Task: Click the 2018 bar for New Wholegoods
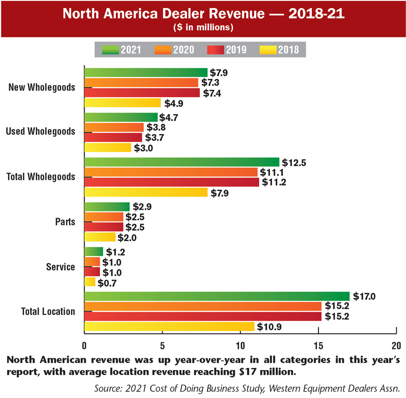point(122,103)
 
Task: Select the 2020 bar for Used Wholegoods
point(114,127)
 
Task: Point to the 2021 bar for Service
point(93,252)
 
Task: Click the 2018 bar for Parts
point(100,237)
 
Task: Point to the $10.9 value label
point(268,327)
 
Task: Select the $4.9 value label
point(174,103)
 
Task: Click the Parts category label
point(65,222)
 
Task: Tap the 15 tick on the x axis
point(318,346)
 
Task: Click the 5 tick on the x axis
point(162,346)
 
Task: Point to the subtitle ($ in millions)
point(203,28)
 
